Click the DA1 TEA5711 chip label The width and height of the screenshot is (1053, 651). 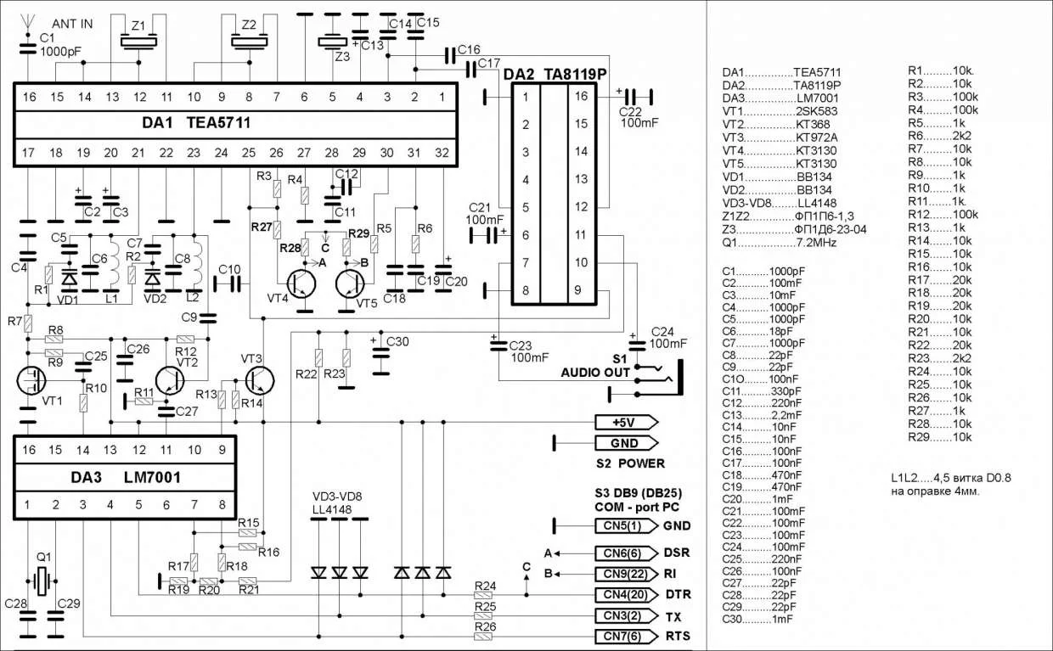(195, 123)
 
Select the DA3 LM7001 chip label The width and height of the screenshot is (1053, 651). (125, 477)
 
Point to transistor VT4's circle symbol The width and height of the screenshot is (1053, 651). (298, 283)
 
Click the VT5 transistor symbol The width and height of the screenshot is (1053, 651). (354, 283)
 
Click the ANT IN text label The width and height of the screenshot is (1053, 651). (72, 24)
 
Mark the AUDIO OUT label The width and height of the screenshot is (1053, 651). (595, 373)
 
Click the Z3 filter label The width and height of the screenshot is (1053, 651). (341, 58)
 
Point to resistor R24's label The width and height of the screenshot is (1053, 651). (486, 586)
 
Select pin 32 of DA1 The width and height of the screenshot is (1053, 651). (441, 153)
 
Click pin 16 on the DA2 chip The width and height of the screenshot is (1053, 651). (582, 97)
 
